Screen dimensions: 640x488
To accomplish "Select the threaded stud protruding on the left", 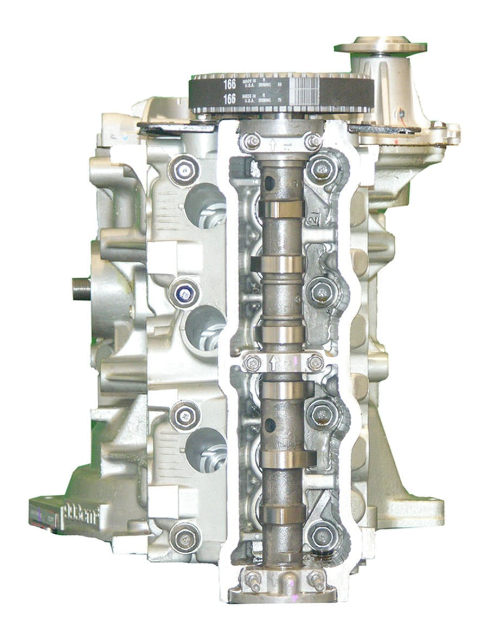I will [81, 287].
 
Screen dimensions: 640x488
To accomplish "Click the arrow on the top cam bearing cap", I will [273, 145].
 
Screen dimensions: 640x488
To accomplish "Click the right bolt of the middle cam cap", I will [315, 361].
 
